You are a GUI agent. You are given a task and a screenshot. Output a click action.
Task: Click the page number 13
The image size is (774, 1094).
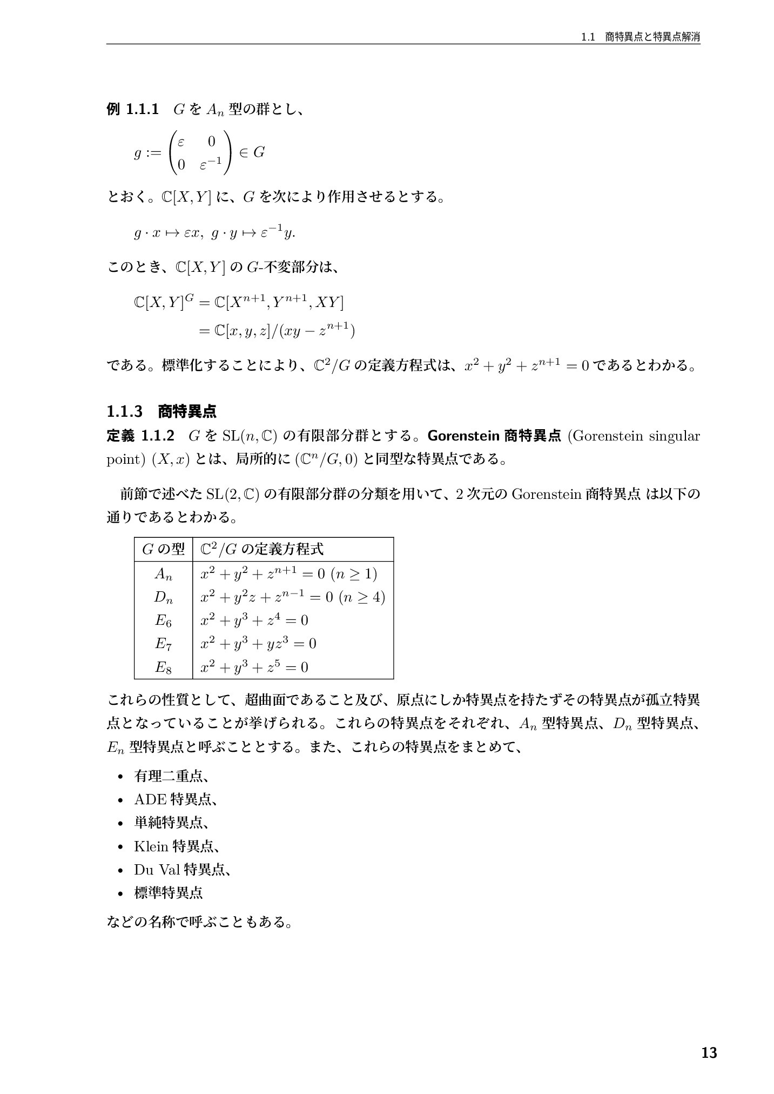(709, 1053)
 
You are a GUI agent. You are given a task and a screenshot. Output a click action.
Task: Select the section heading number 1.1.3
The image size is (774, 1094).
(124, 412)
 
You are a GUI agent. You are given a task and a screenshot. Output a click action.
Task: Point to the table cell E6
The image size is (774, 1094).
(163, 621)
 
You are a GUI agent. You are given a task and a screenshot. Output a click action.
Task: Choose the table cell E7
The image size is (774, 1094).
(163, 644)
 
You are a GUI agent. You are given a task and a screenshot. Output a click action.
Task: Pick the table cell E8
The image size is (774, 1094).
(163, 668)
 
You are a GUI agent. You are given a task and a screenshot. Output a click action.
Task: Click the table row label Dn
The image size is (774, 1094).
(163, 597)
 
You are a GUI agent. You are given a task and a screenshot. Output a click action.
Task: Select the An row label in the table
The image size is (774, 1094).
(163, 574)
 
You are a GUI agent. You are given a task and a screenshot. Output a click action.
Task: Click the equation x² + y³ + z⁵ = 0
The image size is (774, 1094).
(254, 667)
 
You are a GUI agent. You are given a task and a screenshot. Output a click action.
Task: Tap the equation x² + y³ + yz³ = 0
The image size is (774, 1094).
(258, 643)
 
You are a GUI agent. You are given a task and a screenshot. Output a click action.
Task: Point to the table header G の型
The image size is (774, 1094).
(163, 550)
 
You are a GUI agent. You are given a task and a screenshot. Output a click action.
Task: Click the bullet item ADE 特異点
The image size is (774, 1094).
(176, 799)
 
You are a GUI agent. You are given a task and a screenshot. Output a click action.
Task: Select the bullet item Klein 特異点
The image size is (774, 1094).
(176, 846)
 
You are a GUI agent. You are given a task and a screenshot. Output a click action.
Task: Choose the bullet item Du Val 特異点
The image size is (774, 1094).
(183, 870)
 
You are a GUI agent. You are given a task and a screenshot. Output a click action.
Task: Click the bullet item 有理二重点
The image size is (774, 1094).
(171, 776)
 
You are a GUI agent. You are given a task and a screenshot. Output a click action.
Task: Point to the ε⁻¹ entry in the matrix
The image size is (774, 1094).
(211, 164)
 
